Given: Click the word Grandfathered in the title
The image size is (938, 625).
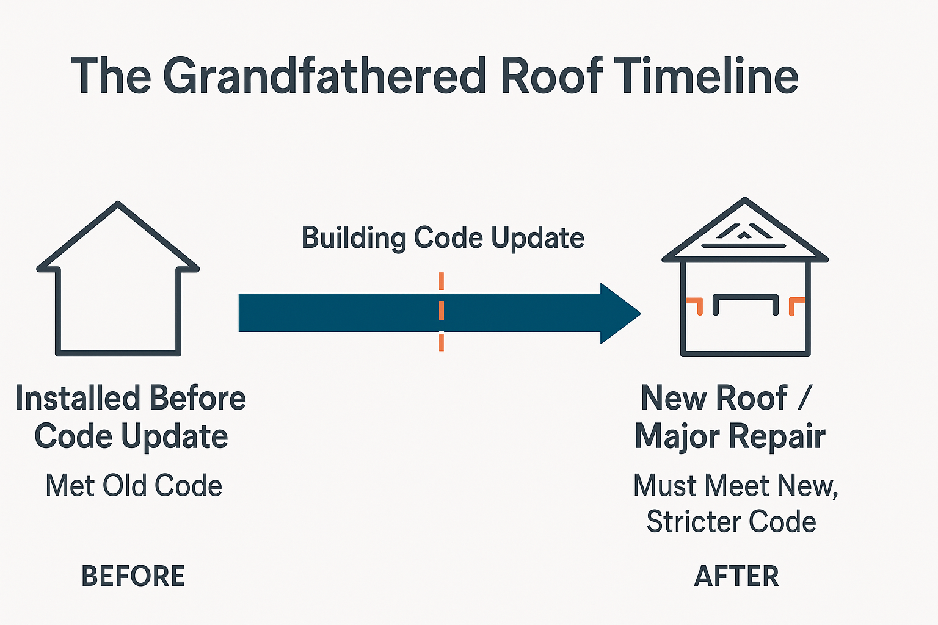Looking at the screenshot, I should pyautogui.click(x=324, y=76).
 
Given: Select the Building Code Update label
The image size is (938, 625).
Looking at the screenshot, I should pyautogui.click(x=443, y=238).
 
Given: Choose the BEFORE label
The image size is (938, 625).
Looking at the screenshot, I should pyautogui.click(x=133, y=576).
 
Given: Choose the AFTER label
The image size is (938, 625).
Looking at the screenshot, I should pyautogui.click(x=736, y=576).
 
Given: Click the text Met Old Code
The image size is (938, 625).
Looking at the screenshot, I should pyautogui.click(x=134, y=486).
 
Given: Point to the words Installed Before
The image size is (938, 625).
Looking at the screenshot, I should pyautogui.click(x=131, y=398).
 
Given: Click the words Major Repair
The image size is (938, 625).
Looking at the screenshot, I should pyautogui.click(x=730, y=437).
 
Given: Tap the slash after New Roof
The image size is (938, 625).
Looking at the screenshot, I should pyautogui.click(x=804, y=398).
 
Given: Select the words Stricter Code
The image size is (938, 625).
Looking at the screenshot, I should pyautogui.click(x=731, y=522).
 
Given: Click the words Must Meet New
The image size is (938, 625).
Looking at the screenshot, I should pyautogui.click(x=735, y=486).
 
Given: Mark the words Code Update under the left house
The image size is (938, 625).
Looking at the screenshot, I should pyautogui.click(x=131, y=437).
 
